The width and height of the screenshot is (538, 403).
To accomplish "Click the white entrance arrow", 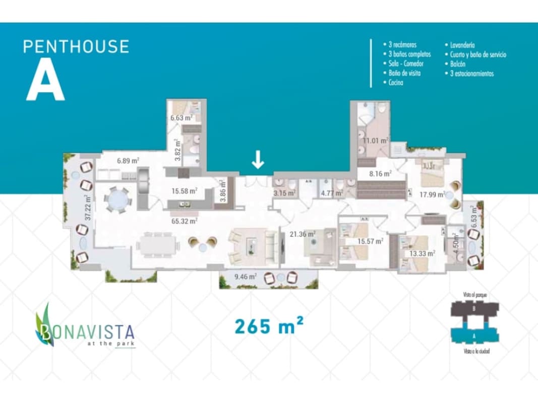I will point(258,160).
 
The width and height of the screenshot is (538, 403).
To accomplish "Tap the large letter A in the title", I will point(46,82).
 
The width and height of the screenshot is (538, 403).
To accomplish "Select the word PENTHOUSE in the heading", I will point(76,46).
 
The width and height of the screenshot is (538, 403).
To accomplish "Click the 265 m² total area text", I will point(268,326).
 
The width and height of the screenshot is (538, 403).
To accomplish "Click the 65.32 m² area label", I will point(184,220).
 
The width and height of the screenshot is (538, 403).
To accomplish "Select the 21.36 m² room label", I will point(303,234).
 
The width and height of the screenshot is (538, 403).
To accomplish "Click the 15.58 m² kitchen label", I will point(184,191).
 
